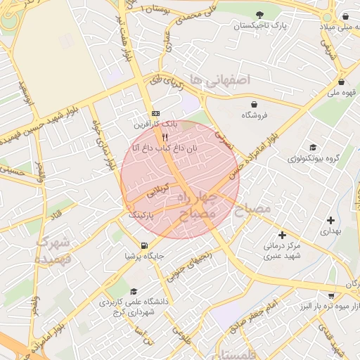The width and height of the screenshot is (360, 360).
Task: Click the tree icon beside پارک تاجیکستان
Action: [261, 14]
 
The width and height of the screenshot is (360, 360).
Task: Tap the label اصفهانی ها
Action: [225, 81]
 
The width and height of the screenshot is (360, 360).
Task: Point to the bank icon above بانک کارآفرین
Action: [155, 113]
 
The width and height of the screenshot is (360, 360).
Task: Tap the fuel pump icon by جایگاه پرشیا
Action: [144, 245]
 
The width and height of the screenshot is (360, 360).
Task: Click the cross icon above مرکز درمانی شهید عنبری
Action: [282, 235]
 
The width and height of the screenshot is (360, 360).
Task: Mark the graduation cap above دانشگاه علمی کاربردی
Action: [134, 291]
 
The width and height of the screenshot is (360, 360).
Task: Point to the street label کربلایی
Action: [157, 190]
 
